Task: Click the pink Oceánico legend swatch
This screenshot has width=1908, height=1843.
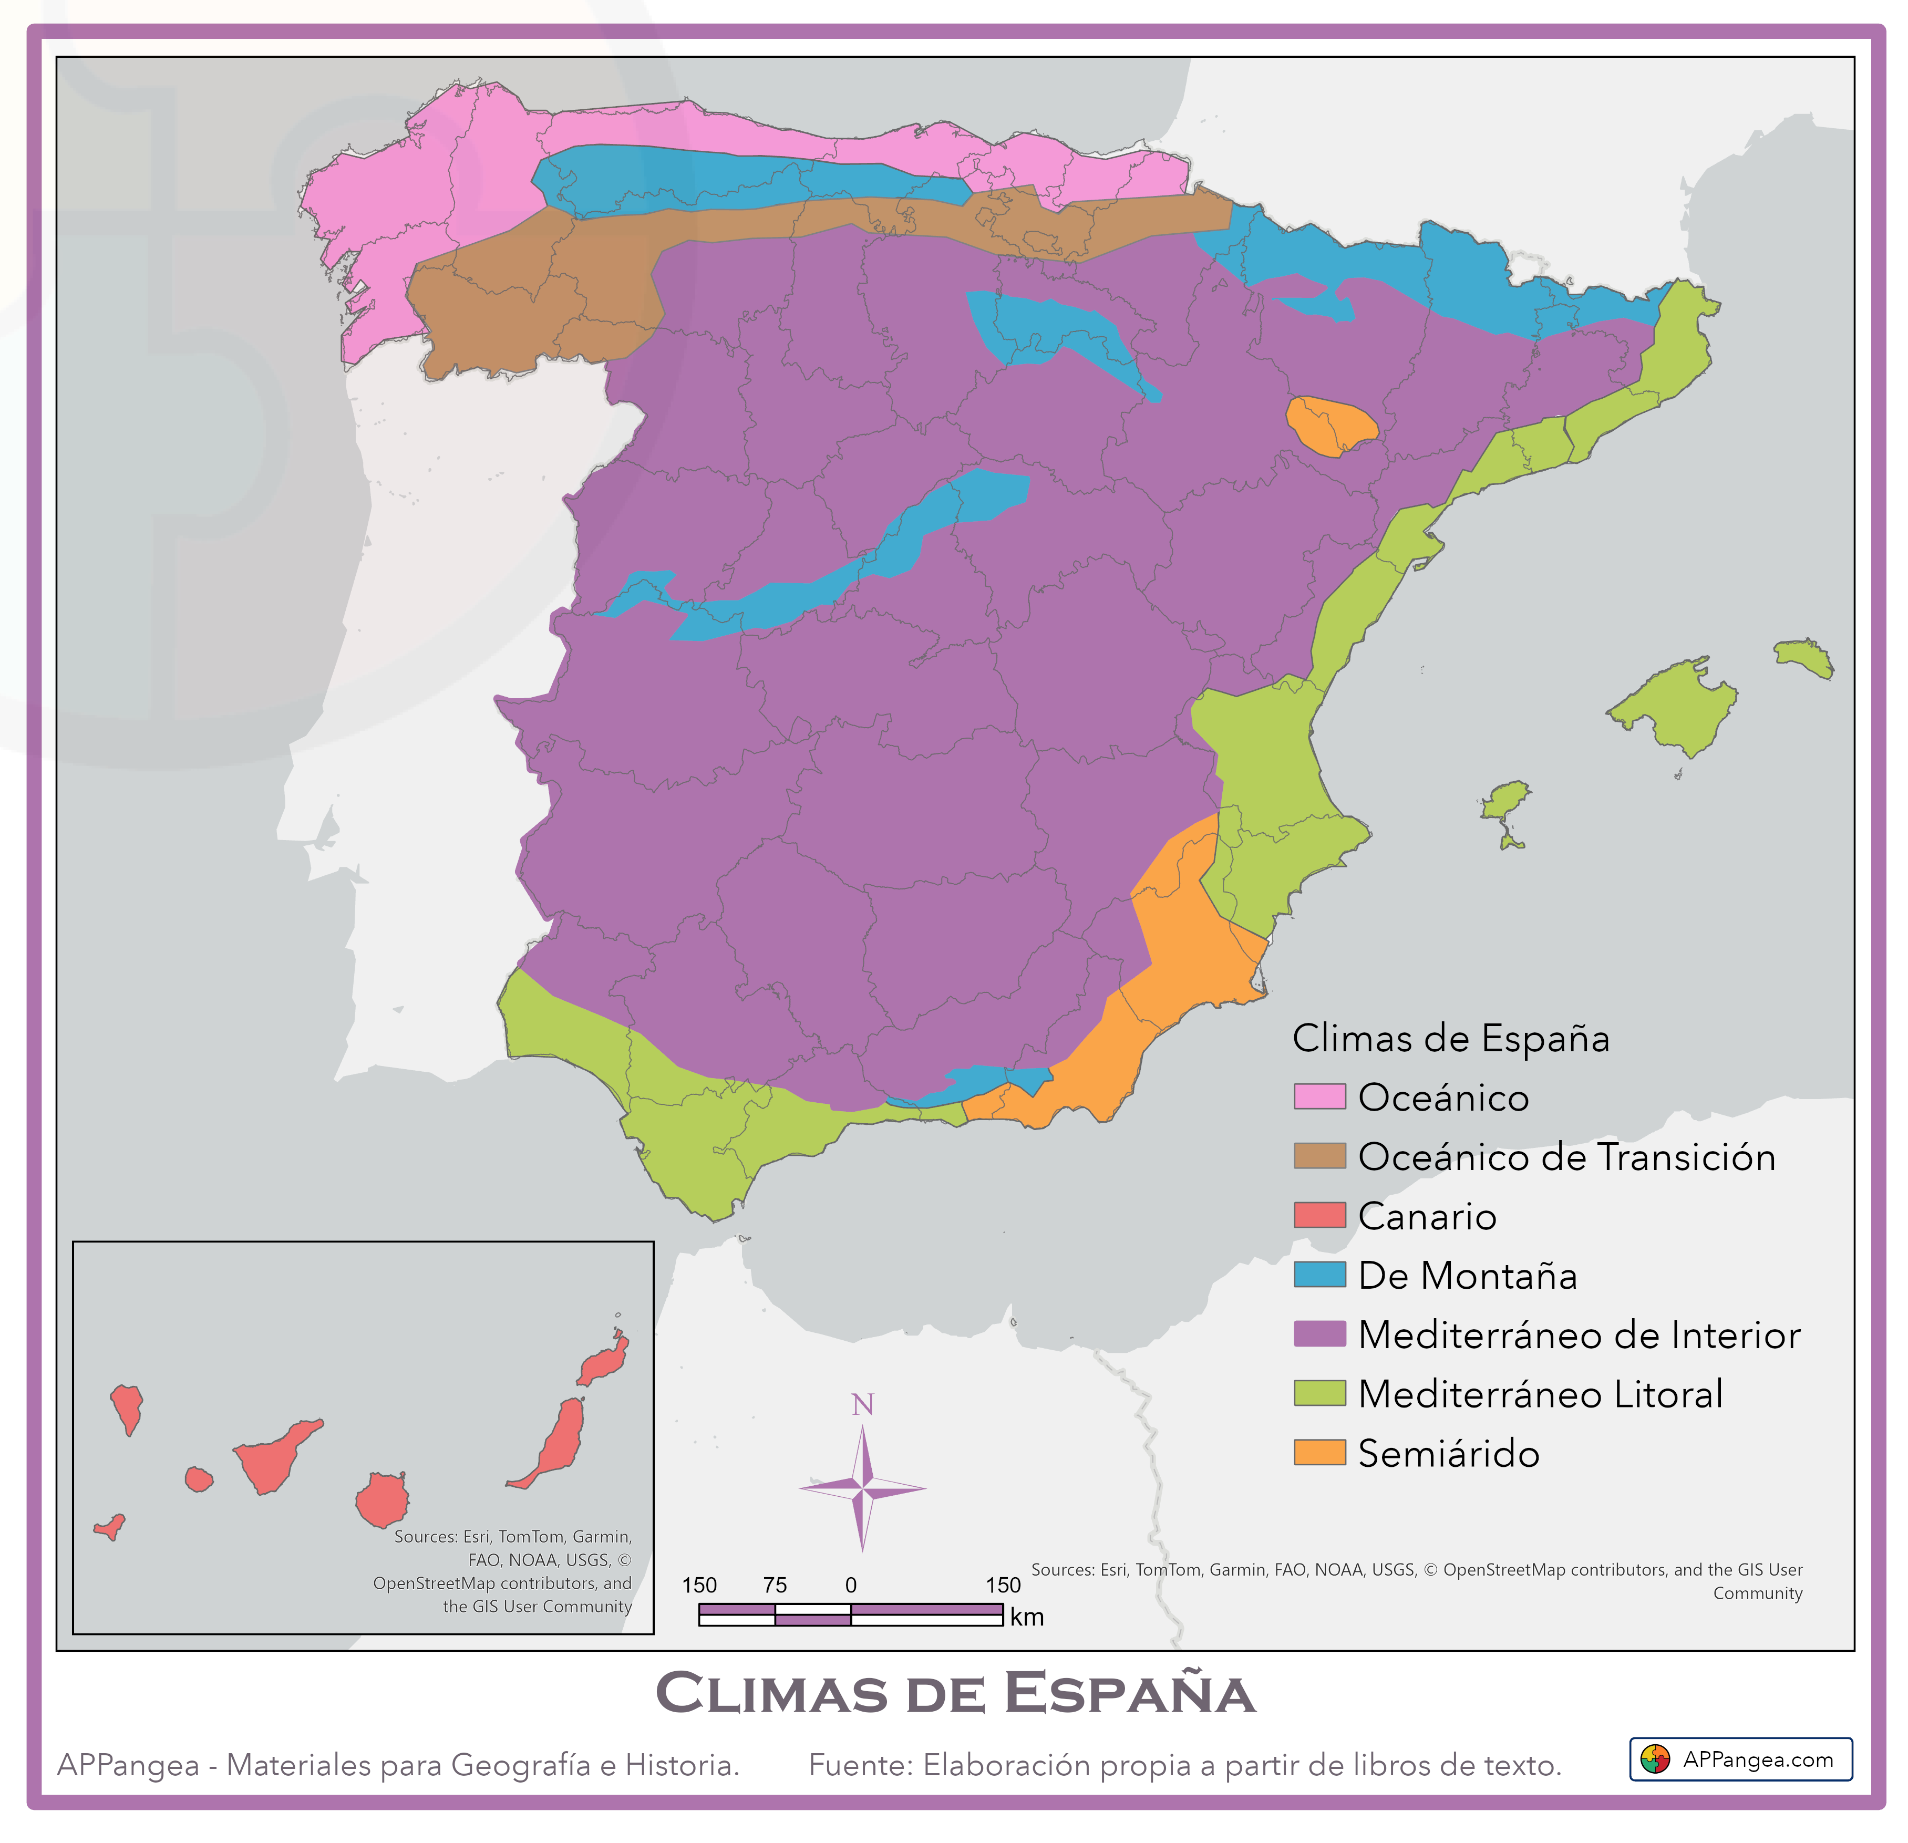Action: coord(1319,1096)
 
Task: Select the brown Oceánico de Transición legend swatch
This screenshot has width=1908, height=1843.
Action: coord(1319,1156)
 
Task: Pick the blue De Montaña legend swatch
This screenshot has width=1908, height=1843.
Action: coord(1319,1275)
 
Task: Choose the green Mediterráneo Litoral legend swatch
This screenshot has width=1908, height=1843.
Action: coord(1319,1393)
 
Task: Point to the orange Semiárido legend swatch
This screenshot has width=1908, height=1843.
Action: coord(1319,1453)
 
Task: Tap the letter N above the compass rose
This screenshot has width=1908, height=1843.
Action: coord(862,1405)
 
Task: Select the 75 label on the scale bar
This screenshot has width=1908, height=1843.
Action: coord(775,1585)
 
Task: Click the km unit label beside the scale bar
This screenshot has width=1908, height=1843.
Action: coord(1026,1617)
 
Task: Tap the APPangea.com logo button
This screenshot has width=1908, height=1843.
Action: coord(1740,1759)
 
